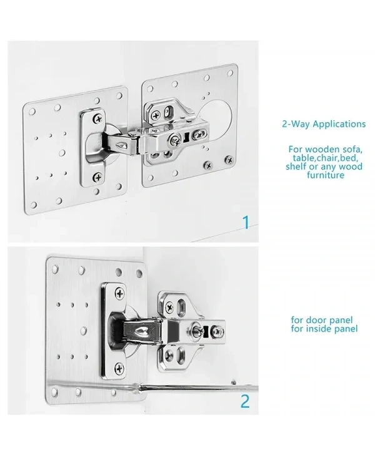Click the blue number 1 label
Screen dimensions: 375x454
[x=246, y=222]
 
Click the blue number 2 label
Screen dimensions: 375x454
[x=245, y=401]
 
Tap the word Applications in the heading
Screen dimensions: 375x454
[x=339, y=125]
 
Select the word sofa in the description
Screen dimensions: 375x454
[x=351, y=150]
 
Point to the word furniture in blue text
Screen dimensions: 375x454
[x=325, y=175]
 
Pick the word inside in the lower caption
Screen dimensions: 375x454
[x=317, y=329]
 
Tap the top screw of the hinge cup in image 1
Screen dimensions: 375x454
[x=97, y=118]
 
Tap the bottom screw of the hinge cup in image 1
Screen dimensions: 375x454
[x=98, y=177]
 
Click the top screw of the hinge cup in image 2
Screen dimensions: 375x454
[x=119, y=294]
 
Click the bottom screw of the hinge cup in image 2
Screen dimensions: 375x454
[x=119, y=368]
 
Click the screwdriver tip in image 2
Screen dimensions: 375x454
[x=233, y=383]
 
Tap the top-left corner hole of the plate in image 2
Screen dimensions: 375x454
[x=54, y=270]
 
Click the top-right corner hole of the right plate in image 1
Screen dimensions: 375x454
[x=230, y=73]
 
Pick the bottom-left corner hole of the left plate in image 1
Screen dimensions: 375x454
[x=34, y=205]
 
